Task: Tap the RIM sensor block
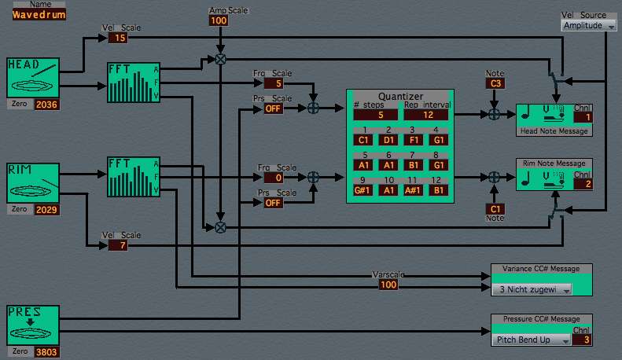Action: [x=33, y=183]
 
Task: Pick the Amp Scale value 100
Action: [x=219, y=20]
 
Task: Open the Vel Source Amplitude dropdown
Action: [x=589, y=26]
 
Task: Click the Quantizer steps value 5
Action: [x=381, y=115]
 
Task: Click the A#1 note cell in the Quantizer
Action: [x=415, y=190]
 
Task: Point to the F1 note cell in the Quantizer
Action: [x=415, y=138]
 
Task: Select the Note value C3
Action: [x=495, y=83]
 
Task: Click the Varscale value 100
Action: [x=388, y=285]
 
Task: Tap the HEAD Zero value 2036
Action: [x=46, y=104]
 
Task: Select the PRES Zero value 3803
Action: [x=46, y=352]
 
